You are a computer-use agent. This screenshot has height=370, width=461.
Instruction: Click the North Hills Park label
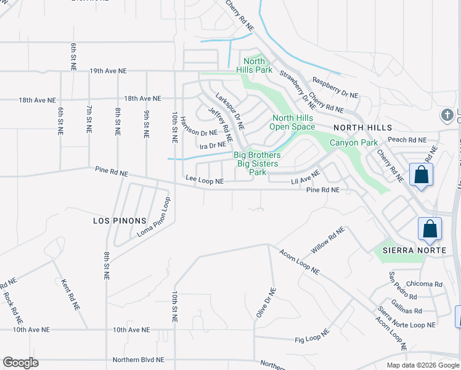254,65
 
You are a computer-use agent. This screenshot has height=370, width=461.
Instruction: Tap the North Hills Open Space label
293,122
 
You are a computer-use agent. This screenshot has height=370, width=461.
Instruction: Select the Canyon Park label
353,142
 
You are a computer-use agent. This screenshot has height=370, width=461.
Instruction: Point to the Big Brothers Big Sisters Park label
257,163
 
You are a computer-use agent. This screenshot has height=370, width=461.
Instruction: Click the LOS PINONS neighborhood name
120,220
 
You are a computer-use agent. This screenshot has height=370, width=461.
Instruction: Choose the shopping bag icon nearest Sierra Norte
430,229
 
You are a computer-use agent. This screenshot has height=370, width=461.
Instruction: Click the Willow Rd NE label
328,240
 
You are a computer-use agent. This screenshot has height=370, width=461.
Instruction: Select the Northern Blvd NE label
139,360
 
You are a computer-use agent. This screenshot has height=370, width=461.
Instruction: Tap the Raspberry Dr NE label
335,88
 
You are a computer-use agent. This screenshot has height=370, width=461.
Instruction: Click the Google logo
20,363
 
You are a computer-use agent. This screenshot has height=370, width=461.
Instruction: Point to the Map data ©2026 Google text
423,365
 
